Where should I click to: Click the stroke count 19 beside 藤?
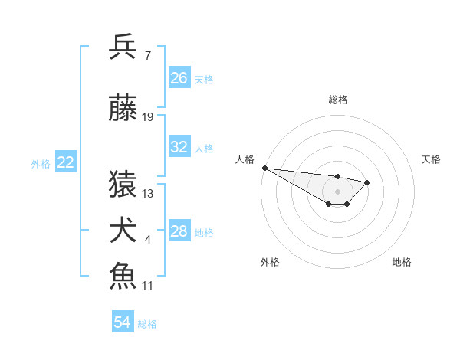click(x=148, y=117)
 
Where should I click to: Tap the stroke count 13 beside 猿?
click(x=148, y=194)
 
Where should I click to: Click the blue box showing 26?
click(x=179, y=78)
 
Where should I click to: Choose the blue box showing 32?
click(x=179, y=147)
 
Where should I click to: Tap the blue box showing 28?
click(x=179, y=231)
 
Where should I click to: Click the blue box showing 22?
click(x=66, y=162)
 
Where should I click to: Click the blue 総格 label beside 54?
click(x=148, y=324)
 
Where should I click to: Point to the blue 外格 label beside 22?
click(x=41, y=163)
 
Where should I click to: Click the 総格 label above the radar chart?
click(x=337, y=100)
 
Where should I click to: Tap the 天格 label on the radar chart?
click(x=431, y=159)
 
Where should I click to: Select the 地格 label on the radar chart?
click(x=402, y=262)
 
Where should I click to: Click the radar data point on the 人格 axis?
click(x=264, y=168)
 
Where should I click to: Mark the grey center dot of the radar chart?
click(x=337, y=191)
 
